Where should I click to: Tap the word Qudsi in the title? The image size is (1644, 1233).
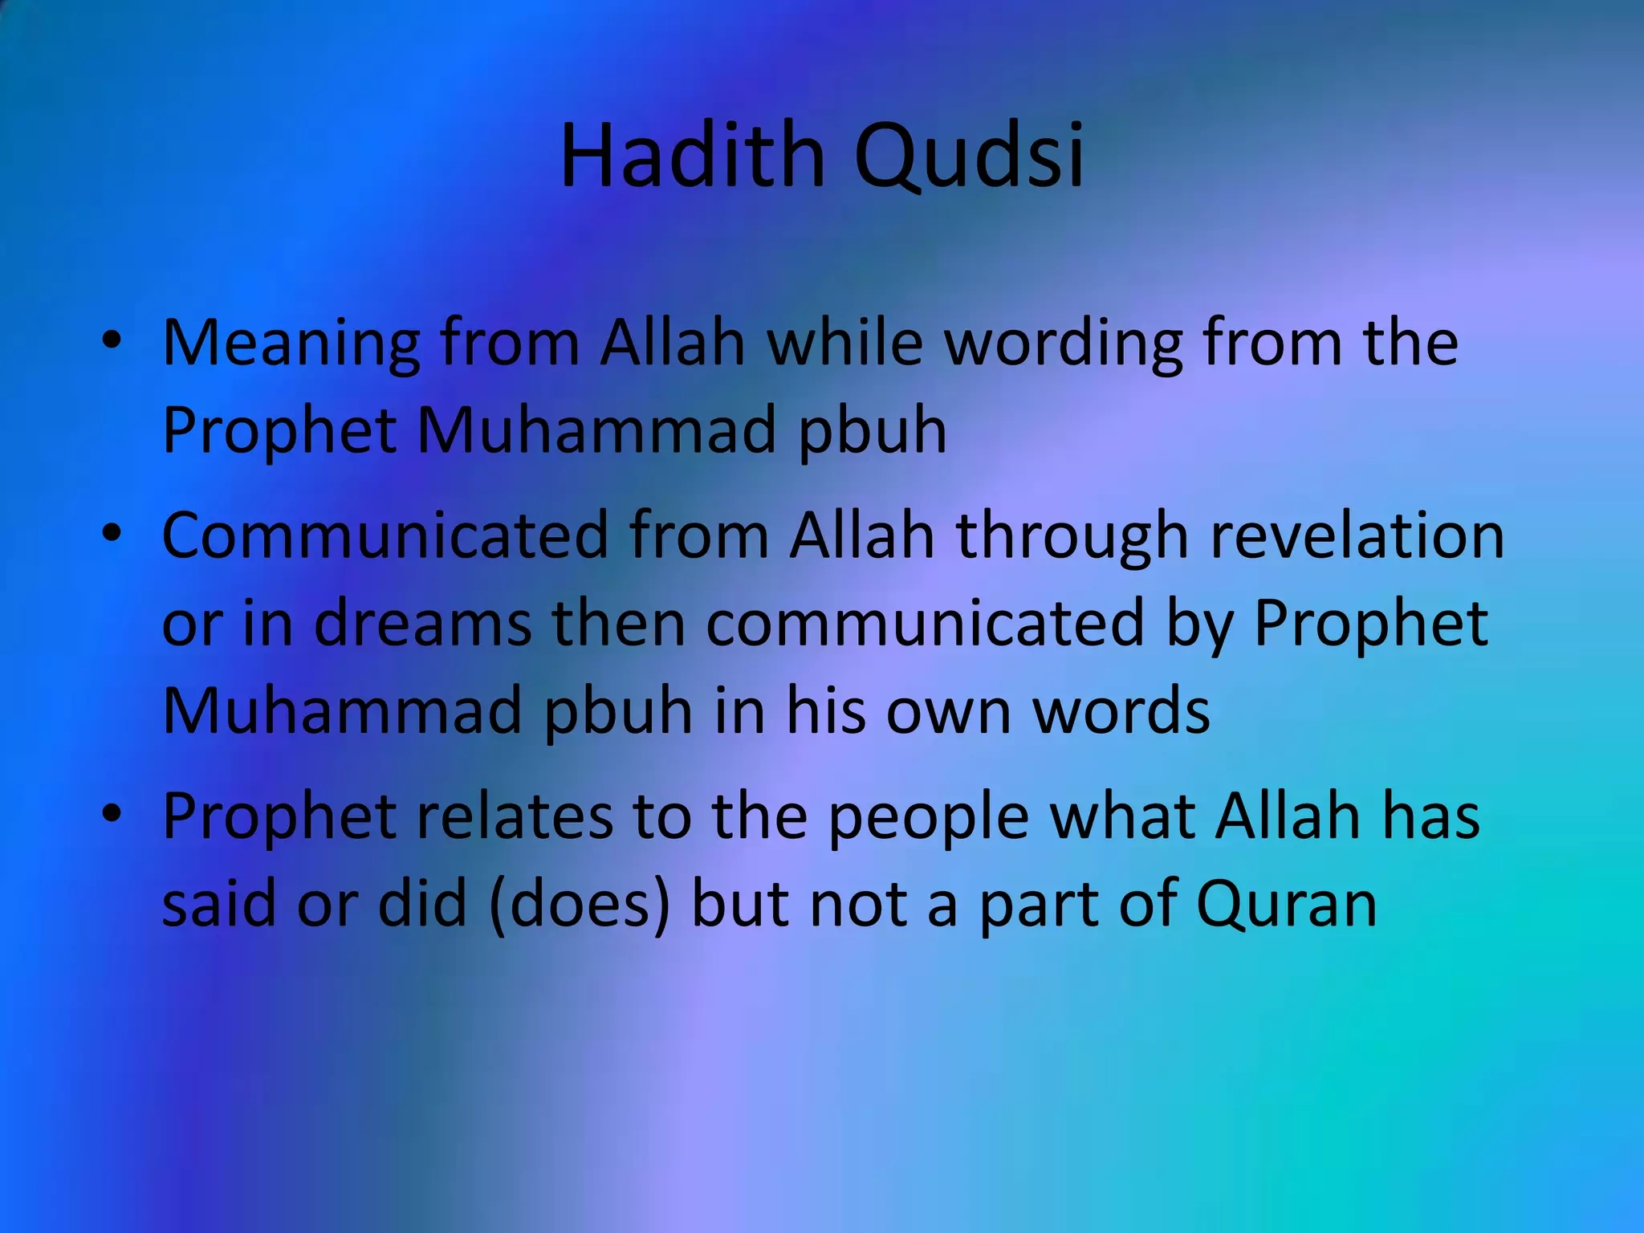pyautogui.click(x=969, y=157)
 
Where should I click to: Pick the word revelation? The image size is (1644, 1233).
pyautogui.click(x=1357, y=535)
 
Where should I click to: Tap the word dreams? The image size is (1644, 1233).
pyautogui.click(x=422, y=624)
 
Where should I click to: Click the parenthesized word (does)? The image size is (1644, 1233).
pyautogui.click(x=579, y=905)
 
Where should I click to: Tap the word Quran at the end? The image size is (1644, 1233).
pyautogui.click(x=1286, y=905)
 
